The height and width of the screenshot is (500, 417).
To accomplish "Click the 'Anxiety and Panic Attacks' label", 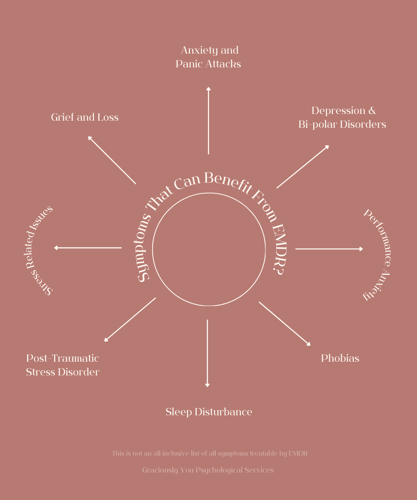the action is [x=208, y=57].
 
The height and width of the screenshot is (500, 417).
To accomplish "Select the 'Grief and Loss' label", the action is [x=85, y=118].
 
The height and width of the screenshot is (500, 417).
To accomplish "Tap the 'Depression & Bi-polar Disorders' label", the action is [x=342, y=118].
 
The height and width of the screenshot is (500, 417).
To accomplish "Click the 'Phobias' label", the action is [x=340, y=359].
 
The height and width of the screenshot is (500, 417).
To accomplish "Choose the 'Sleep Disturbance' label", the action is [x=209, y=412].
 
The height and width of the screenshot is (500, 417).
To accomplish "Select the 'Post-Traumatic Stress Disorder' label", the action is [x=62, y=365].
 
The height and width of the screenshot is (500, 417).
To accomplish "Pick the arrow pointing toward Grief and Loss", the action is [x=112, y=160].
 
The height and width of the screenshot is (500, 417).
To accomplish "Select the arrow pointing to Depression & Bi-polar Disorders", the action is [x=303, y=167].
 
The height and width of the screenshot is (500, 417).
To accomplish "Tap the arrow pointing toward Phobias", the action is [x=285, y=324].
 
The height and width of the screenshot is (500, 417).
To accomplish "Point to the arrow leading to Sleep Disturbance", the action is [x=207, y=353].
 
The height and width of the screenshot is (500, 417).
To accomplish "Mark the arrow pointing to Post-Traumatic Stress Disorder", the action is [x=130, y=320].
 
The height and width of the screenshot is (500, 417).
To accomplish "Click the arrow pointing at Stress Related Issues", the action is [x=88, y=248].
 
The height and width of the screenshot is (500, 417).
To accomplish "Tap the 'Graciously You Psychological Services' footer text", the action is [x=208, y=470].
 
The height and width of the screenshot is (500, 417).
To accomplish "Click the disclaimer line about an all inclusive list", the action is [x=209, y=453].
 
